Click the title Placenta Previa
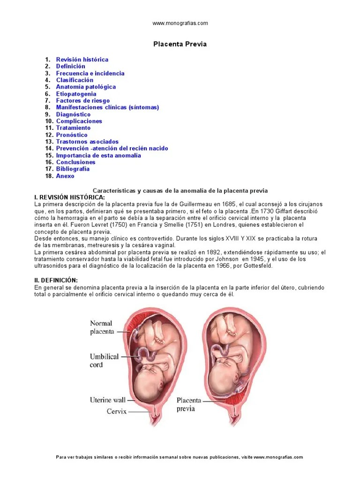tap(180, 44)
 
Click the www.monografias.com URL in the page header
tap(180, 23)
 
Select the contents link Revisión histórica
tap(82, 60)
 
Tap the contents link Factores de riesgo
tap(83, 100)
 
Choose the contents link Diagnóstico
tap(73, 114)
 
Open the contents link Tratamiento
tap(73, 127)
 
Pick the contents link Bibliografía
tap(73, 169)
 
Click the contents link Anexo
tap(65, 176)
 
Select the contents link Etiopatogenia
tap(76, 94)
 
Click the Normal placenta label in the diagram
tap(102, 328)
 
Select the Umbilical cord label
tap(104, 360)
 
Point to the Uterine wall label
tap(107, 400)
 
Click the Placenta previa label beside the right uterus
tap(189, 404)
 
